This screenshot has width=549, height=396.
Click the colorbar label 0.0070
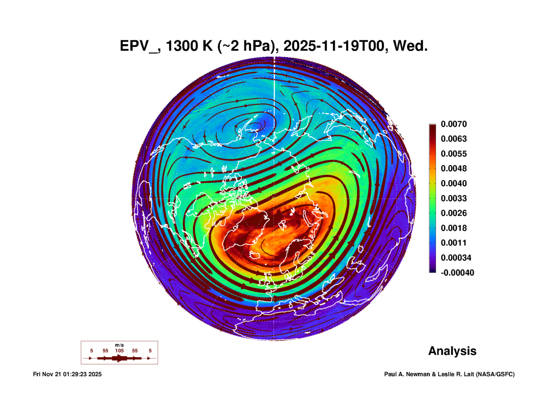(454, 124)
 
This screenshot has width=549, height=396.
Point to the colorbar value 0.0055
(454, 154)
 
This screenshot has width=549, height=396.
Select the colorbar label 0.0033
(454, 198)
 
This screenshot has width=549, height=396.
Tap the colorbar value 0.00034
(456, 258)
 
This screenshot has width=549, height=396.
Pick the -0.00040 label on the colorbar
(457, 273)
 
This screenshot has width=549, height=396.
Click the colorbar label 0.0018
(454, 228)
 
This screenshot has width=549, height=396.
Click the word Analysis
(452, 351)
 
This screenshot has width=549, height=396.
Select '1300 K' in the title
(189, 46)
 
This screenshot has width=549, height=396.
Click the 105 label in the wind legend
(119, 351)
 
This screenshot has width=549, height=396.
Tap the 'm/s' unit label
(119, 345)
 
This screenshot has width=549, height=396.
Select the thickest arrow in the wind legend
(119, 358)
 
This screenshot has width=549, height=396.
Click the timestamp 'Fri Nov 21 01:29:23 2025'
(67, 374)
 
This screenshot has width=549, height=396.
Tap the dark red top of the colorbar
(432, 127)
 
